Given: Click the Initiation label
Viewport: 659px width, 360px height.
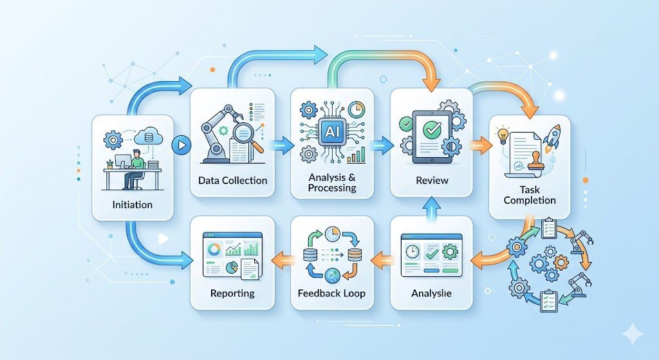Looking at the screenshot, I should (x=132, y=205).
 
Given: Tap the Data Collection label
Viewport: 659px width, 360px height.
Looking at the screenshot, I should (x=232, y=180).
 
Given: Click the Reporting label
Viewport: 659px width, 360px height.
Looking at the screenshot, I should (x=232, y=293).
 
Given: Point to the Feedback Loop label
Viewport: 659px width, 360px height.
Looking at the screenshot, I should (x=331, y=293).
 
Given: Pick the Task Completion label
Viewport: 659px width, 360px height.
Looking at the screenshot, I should (x=529, y=194).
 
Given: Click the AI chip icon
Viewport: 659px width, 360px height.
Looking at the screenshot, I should (x=332, y=129).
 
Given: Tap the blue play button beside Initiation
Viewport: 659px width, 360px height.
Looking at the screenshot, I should (x=182, y=145).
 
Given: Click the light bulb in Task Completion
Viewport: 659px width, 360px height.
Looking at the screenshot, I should (x=502, y=136).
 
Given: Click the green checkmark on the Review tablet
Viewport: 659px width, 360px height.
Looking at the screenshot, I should (x=430, y=129).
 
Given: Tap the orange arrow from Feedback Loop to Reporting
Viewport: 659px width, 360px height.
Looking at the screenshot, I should (x=283, y=260).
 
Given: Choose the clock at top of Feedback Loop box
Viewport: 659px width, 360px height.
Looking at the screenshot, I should (x=333, y=234).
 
